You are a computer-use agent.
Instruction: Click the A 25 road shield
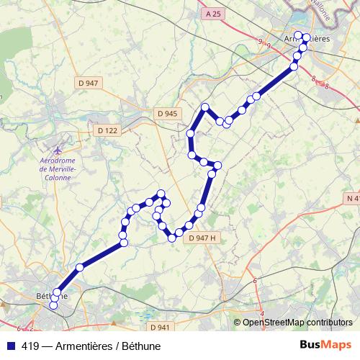point(212,14)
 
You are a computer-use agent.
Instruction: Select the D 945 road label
point(166,113)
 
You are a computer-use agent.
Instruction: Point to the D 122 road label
point(107,130)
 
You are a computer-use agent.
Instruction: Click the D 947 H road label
point(202,238)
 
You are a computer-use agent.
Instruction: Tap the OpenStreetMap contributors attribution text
point(297,322)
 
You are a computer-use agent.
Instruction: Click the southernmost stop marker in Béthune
point(53,306)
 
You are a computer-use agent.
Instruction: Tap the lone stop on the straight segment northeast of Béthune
point(80,267)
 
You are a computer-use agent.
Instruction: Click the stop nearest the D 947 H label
point(189,224)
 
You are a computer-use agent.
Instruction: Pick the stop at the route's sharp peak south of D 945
point(205,107)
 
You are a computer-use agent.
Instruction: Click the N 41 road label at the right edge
point(353,198)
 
